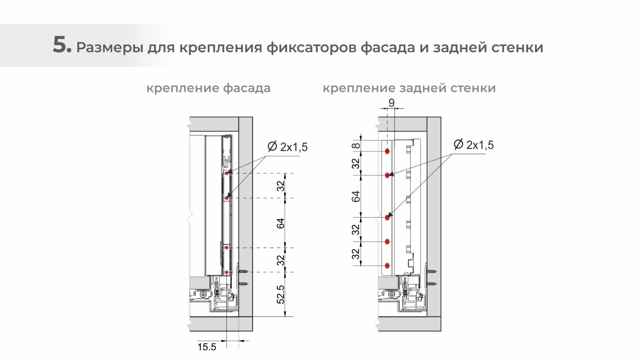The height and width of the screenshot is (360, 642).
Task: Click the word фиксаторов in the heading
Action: pyautogui.click(x=311, y=47)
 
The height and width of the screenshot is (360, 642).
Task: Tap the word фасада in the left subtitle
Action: pyautogui.click(x=247, y=88)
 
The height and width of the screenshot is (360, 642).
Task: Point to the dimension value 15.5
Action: pyautogui.click(x=207, y=347)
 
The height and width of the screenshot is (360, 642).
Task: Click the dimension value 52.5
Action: pyautogui.click(x=281, y=294)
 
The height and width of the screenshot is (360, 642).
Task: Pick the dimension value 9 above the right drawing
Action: pyautogui.click(x=392, y=103)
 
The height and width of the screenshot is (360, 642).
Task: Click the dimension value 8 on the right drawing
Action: pyautogui.click(x=356, y=145)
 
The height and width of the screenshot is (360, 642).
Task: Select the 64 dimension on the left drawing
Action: pyautogui.click(x=281, y=223)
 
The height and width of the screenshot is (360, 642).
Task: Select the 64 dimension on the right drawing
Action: pyautogui.click(x=356, y=196)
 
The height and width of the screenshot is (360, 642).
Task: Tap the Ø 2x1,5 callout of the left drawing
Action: pyautogui.click(x=288, y=147)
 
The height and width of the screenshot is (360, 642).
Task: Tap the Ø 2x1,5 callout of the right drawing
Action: pyautogui.click(x=474, y=145)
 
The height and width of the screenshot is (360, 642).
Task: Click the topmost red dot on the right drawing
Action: pyautogui.click(x=387, y=152)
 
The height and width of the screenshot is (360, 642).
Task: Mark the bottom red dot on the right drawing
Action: pyautogui.click(x=387, y=266)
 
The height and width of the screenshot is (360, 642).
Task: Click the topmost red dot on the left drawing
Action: pyautogui.click(x=226, y=174)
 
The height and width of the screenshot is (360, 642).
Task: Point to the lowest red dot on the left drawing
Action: pyautogui.click(x=226, y=272)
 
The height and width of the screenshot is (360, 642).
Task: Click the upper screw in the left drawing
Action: pyautogui.click(x=243, y=271)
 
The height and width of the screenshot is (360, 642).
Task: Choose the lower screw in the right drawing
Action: pyautogui.click(x=431, y=284)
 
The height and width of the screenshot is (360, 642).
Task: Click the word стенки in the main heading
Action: pyautogui.click(x=517, y=47)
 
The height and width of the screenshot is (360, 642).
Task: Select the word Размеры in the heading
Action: pyautogui.click(x=110, y=47)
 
